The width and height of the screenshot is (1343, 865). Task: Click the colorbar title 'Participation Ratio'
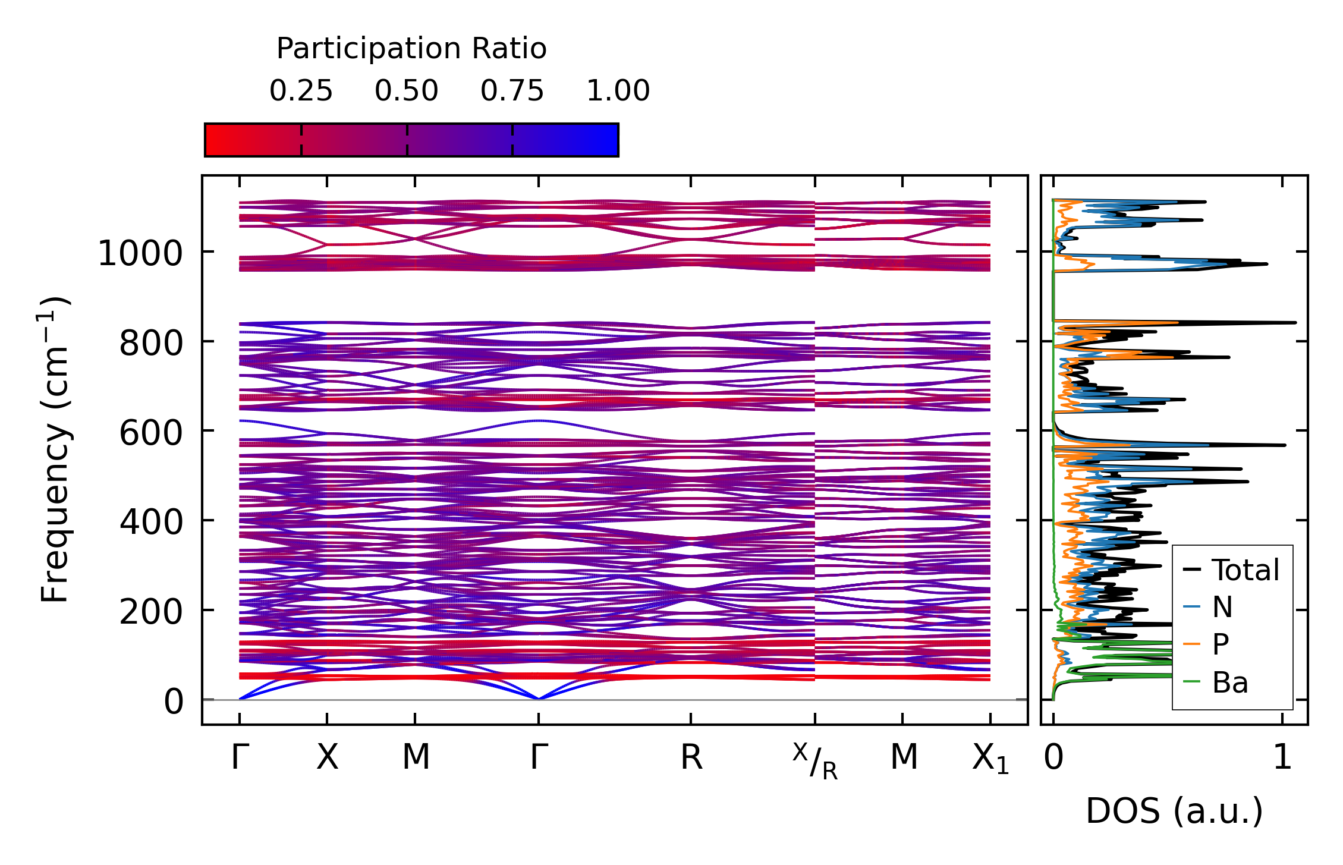tap(411, 49)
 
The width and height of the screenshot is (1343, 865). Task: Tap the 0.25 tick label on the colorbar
tap(301, 91)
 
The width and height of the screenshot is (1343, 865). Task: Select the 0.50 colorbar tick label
tap(407, 91)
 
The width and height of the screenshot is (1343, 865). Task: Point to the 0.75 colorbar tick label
tap(512, 91)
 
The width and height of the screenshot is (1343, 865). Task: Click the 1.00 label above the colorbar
tap(618, 91)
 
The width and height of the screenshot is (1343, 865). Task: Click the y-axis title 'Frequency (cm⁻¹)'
tap(55, 449)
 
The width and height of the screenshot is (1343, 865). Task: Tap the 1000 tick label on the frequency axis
tap(140, 254)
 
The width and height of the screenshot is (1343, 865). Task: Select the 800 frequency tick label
tap(151, 344)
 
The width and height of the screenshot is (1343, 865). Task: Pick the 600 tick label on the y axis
tap(151, 433)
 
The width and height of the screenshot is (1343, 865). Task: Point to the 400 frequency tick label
tap(151, 523)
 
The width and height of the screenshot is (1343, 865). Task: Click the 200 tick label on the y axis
tap(151, 612)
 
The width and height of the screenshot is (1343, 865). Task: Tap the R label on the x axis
tap(691, 758)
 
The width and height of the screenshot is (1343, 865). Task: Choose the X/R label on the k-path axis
tap(815, 762)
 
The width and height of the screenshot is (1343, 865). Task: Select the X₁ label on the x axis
tap(990, 759)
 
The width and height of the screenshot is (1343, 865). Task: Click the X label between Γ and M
tap(327, 758)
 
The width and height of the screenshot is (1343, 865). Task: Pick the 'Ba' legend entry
tap(1229, 682)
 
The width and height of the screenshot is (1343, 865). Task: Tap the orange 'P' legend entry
tap(1221, 644)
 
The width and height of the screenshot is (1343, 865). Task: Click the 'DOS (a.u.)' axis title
tap(1174, 811)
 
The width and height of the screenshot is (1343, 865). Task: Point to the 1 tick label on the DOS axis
tap(1282, 758)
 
